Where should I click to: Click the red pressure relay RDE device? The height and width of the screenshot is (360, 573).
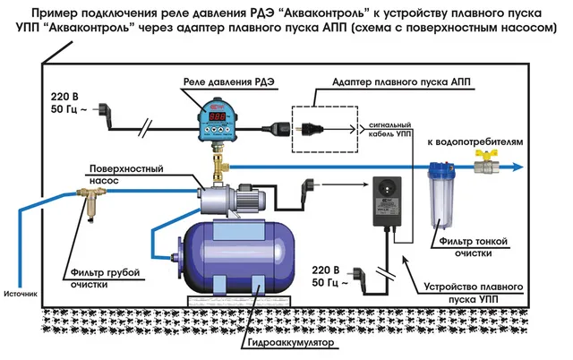213,121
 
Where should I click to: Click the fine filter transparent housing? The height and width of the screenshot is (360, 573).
440,198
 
